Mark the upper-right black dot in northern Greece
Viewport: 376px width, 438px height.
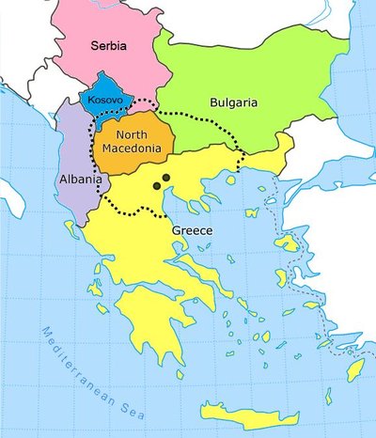point(165,177)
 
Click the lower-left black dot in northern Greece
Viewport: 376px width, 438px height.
point(157,186)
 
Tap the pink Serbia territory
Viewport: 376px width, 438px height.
point(94,28)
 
